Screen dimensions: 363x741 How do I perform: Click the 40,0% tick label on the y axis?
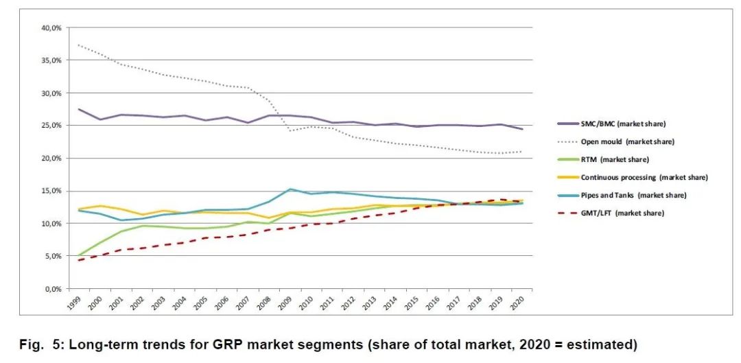tap(51, 27)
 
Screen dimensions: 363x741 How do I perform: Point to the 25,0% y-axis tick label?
tap(51, 126)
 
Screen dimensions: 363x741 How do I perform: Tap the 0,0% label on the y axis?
tap(54, 289)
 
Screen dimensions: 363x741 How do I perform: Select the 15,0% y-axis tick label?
tap(51, 191)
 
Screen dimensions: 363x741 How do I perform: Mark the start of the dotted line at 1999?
tap(78, 45)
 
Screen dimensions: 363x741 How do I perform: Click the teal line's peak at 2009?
tap(291, 189)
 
